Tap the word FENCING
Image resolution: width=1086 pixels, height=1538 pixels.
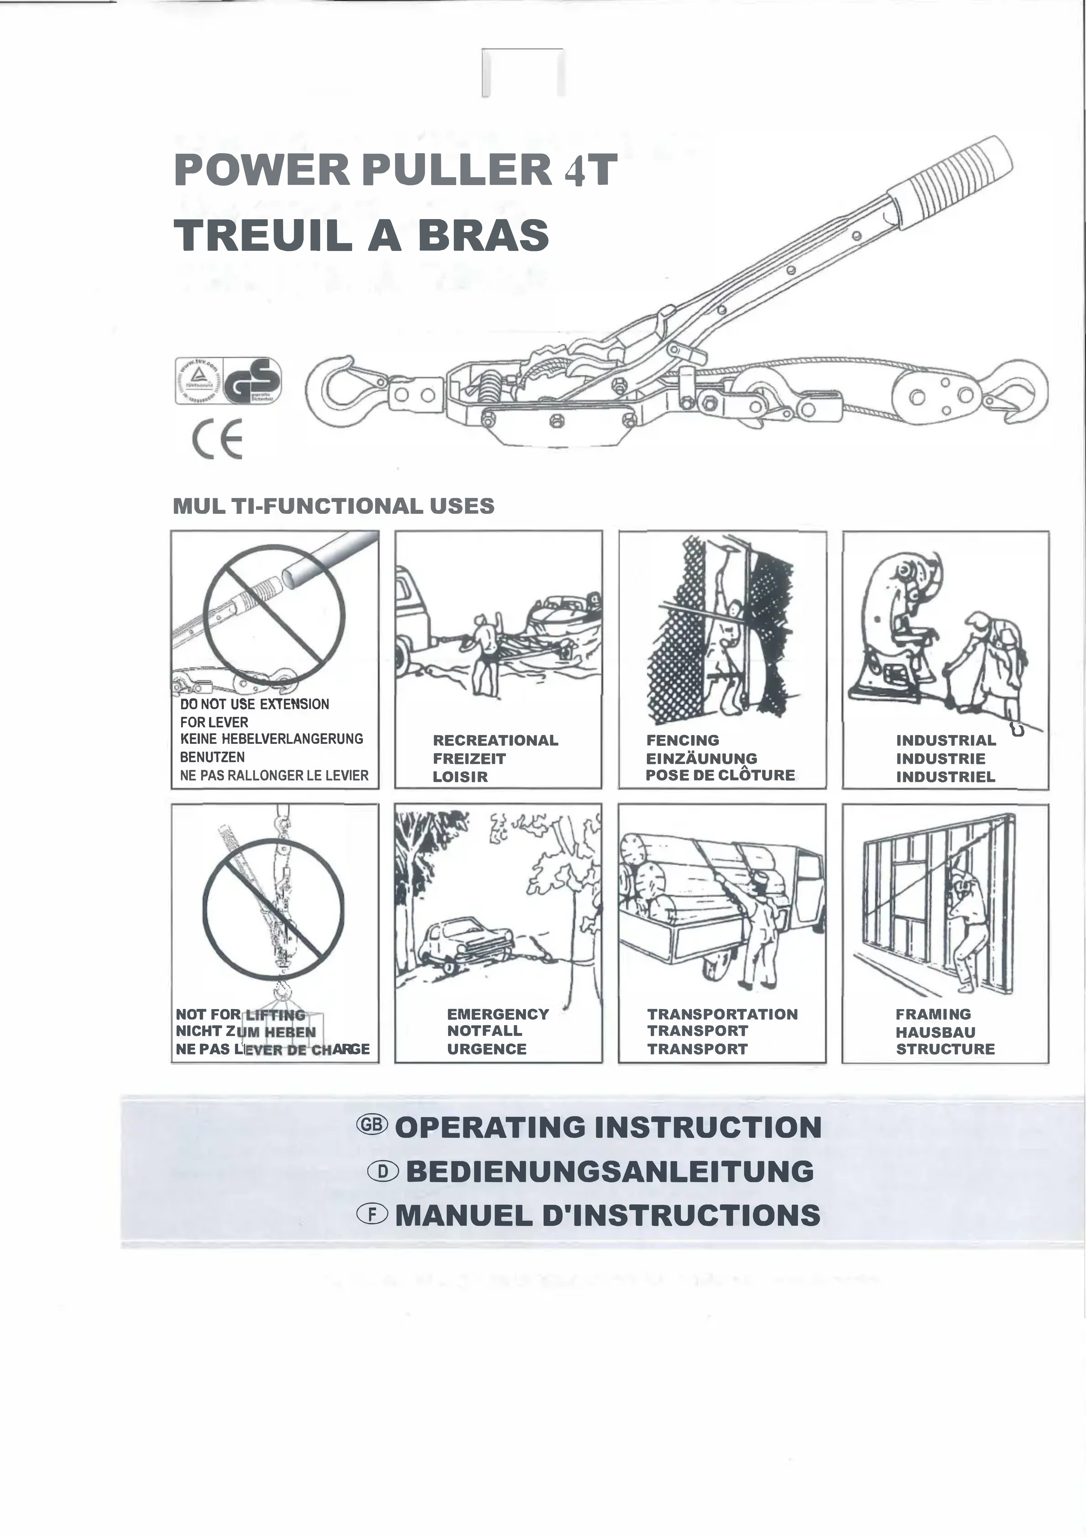coord(682,740)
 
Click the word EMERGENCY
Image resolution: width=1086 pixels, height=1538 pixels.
coord(498,1014)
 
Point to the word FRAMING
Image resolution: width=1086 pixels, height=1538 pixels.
coord(933,1014)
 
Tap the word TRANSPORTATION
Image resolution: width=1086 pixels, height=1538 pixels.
coord(722,1014)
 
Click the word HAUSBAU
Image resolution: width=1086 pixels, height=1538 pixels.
coord(935,1032)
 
